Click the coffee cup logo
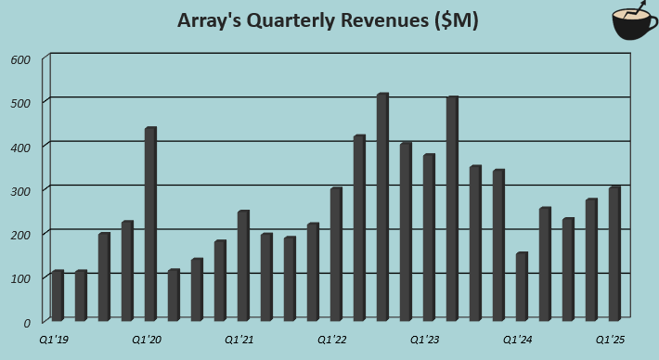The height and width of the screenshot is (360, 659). coord(634,24)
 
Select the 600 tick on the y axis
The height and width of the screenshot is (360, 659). coord(20,59)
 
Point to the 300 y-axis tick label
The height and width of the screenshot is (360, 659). coord(20,190)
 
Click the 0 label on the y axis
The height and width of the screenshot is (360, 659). coord(28,322)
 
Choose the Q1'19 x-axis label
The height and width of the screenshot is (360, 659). coord(53,341)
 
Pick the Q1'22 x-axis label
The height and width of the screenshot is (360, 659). coord(331,341)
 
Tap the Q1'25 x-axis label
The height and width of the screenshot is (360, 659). coord(610,341)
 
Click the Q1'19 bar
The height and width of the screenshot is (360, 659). coord(58,297)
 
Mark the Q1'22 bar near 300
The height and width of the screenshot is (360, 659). coord(336,255)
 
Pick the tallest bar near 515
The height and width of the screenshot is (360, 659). coord(382,208)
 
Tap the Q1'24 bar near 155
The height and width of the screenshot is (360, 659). coord(522,288)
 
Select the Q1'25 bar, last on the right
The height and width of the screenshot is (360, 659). coord(614,255)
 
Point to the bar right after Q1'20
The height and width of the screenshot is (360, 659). coord(174,296)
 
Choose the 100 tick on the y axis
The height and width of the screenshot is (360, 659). coord(20,278)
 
